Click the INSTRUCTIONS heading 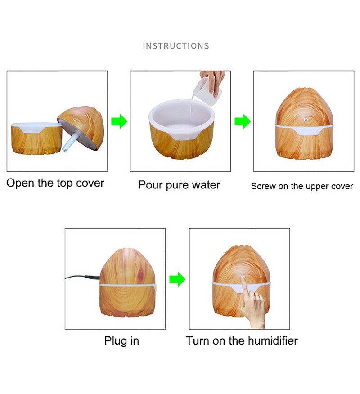176,46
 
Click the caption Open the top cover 55,184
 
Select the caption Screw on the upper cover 302,186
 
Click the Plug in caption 121,340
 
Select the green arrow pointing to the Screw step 242,121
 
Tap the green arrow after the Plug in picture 177,279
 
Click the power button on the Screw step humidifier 306,121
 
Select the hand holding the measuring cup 217,79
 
